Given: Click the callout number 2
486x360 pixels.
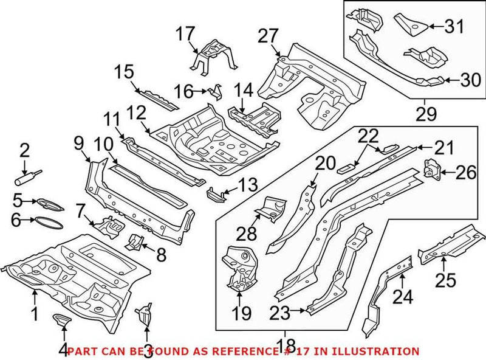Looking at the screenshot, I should coord(24,150).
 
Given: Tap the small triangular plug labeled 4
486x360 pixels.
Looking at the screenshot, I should coord(62,320).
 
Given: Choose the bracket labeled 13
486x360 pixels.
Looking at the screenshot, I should coord(214,195).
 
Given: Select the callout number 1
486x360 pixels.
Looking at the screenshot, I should coord(35,314).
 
